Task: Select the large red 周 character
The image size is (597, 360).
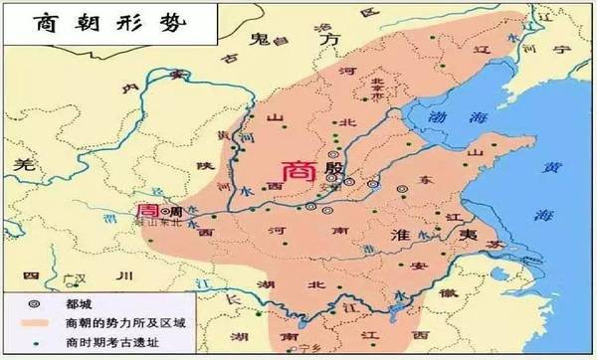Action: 147,212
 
